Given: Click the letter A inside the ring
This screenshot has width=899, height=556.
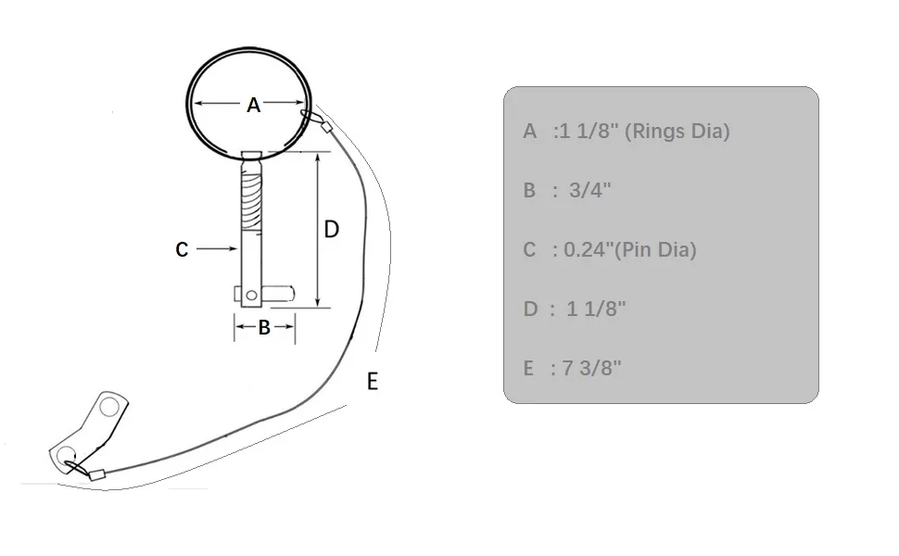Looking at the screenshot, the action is coord(253,105).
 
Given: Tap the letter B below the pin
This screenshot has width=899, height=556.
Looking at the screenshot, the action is coord(264,327).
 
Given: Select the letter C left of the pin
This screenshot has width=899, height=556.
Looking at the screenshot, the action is coord(181,249).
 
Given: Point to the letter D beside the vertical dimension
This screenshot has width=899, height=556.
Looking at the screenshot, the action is coord(332,229).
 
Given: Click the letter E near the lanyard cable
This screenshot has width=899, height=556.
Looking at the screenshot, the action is coord(372,381).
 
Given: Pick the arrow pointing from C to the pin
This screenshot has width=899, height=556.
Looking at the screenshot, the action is coord(217,248).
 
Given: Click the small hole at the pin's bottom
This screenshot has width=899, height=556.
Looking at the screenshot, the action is coord(251,296).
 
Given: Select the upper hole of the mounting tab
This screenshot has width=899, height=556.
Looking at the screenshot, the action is coord(109,408).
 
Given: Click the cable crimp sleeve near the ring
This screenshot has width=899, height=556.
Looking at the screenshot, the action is coord(326,127).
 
